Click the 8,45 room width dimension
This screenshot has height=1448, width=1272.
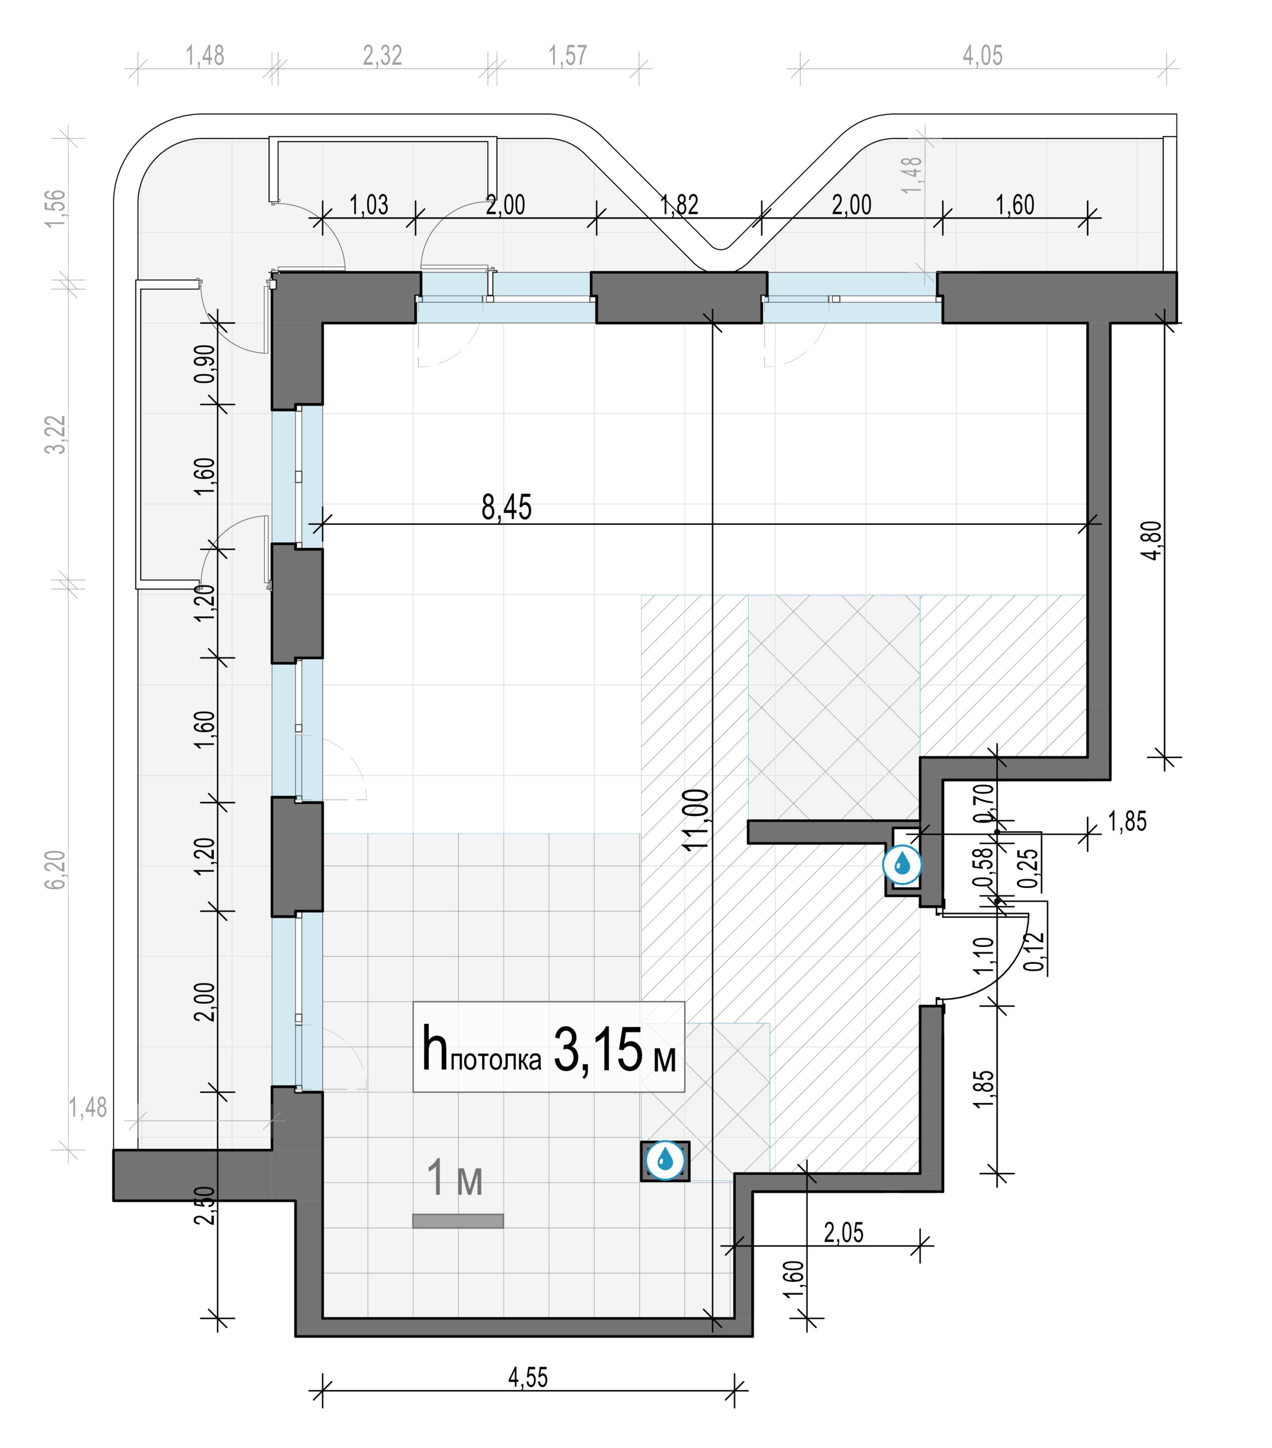[506, 507]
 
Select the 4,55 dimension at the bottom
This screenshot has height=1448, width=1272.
[528, 1377]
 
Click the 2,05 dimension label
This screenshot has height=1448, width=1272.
[843, 1233]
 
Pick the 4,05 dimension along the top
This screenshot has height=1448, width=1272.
[982, 55]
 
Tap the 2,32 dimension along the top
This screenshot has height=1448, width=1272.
[382, 55]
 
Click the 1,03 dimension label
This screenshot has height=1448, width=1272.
[369, 204]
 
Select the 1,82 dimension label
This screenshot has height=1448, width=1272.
[679, 204]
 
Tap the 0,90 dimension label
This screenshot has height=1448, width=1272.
[205, 363]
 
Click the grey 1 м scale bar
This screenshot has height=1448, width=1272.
[458, 1220]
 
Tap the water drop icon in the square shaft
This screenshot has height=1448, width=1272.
[665, 1160]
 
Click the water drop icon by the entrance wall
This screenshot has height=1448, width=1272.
[901, 864]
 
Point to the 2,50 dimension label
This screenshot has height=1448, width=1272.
[205, 1205]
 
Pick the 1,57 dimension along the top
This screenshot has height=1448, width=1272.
[567, 55]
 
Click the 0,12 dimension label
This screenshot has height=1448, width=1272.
[1034, 952]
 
